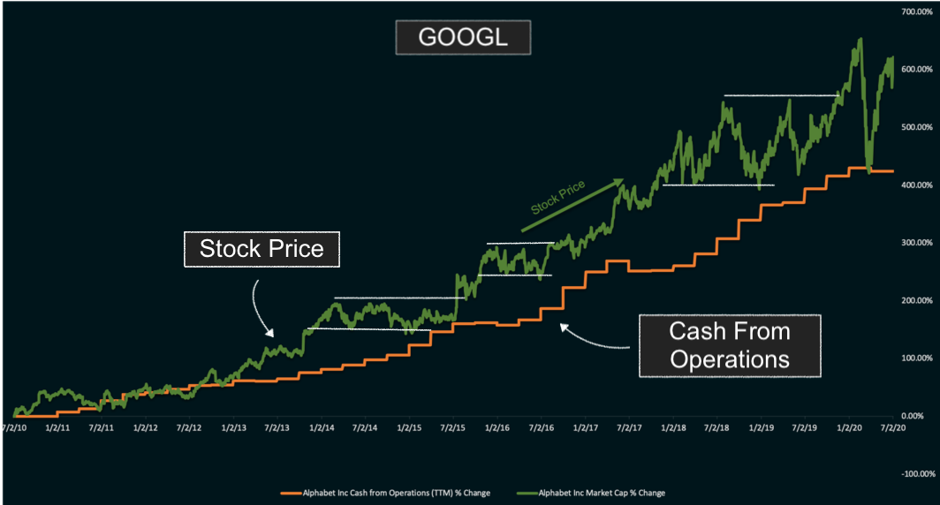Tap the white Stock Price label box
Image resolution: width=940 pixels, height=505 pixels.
coord(262,249)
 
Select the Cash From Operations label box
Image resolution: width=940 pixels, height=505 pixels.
coord(729,346)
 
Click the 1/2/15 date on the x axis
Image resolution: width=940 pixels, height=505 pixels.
coord(409,428)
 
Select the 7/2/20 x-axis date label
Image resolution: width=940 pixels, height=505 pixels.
coord(892,428)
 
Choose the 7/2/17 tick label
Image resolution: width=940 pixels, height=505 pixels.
coord(629,428)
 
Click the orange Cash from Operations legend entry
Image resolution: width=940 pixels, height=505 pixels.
coord(385,492)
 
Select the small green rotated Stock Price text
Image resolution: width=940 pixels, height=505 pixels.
coord(557,199)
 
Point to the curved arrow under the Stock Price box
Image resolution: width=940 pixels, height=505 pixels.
coord(262,309)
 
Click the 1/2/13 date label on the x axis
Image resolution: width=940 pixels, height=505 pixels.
coord(234,428)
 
